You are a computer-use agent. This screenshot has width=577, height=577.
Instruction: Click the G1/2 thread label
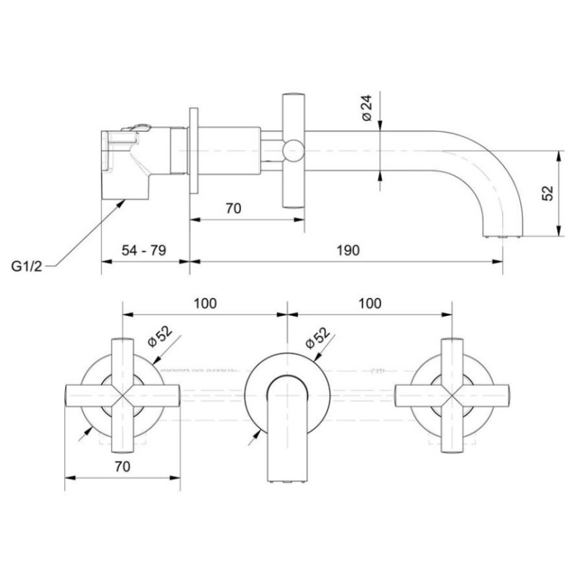(27, 265)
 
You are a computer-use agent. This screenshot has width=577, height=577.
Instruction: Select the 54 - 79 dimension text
(144, 250)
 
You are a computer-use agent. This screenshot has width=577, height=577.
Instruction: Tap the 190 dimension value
(348, 250)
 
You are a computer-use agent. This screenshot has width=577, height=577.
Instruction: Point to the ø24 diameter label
(366, 107)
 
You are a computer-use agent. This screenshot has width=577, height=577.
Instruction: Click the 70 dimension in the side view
(233, 208)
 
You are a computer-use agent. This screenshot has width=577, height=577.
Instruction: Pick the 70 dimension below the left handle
(122, 467)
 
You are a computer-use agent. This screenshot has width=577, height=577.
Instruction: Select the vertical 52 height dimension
(547, 193)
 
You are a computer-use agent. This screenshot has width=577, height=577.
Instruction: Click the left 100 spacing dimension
(205, 303)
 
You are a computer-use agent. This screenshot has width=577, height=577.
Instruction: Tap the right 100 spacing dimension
(370, 303)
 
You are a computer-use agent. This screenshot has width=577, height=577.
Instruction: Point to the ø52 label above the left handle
(159, 336)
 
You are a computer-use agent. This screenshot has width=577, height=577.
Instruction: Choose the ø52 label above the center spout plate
(317, 338)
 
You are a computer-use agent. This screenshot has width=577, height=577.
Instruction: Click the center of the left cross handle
(122, 396)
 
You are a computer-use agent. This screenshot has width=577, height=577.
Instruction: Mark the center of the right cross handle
(452, 396)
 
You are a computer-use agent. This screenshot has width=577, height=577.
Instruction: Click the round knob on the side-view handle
(294, 151)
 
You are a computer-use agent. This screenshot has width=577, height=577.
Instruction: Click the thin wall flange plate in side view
(193, 150)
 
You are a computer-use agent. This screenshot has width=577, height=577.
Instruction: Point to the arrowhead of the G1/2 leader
(121, 203)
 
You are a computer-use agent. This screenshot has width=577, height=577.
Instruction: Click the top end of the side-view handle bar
(294, 95)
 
